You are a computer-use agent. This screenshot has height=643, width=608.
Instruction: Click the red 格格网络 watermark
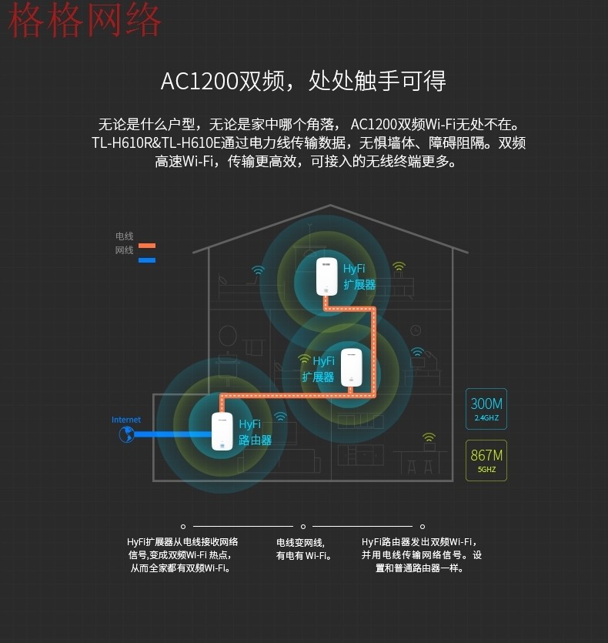click(x=85, y=20)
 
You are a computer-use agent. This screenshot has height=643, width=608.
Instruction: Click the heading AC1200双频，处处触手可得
click(x=303, y=80)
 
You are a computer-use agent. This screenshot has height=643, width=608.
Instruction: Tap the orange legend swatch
click(x=147, y=246)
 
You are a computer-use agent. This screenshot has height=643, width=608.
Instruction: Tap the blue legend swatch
click(x=147, y=260)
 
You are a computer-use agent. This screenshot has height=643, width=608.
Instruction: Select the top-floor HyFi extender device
click(x=327, y=276)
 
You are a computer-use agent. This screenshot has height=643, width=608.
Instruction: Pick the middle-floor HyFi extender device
click(x=352, y=367)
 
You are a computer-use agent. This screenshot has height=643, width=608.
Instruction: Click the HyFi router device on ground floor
click(x=222, y=431)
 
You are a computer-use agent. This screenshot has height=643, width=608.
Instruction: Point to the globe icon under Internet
click(x=127, y=434)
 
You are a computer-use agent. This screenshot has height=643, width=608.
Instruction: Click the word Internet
click(x=126, y=420)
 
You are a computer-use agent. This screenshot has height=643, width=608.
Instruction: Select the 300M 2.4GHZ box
click(x=486, y=409)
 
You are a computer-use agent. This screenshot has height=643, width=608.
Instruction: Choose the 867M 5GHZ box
click(x=486, y=460)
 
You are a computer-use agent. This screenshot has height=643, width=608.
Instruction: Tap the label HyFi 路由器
click(x=255, y=432)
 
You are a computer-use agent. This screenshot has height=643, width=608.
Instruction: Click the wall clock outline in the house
click(x=416, y=330)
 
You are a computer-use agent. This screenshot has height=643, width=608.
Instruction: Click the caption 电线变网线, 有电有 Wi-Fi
click(x=303, y=549)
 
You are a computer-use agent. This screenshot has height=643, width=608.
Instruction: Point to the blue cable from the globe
click(x=173, y=434)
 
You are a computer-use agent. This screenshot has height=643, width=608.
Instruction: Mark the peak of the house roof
click(x=330, y=205)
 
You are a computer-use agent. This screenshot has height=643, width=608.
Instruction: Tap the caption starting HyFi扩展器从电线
click(x=182, y=555)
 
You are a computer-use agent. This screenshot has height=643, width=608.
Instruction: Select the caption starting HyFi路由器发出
click(x=421, y=555)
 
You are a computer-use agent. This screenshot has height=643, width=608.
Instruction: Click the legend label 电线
click(x=124, y=236)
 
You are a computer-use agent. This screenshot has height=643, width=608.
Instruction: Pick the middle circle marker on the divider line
click(x=303, y=527)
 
